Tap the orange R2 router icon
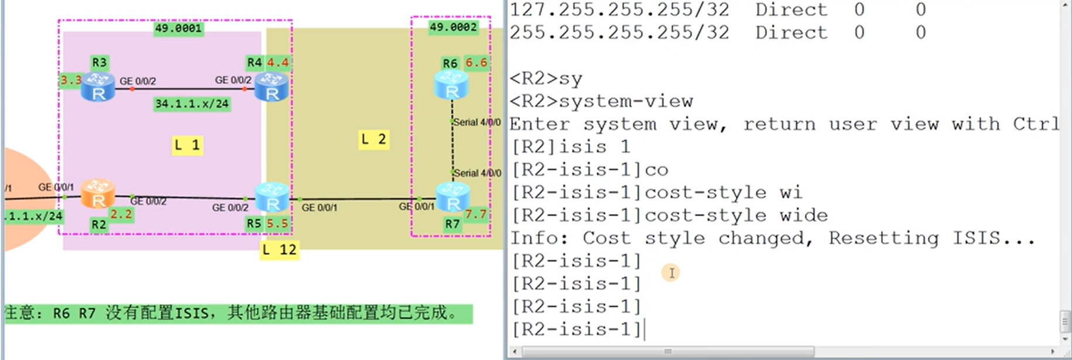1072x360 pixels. [x=98, y=194]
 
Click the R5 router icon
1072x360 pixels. [x=272, y=197]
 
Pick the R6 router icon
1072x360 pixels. [x=451, y=85]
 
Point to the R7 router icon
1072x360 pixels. [x=453, y=197]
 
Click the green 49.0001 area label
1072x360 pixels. [x=179, y=28]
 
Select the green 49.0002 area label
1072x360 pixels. [x=453, y=27]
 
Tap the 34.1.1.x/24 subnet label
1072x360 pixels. [x=192, y=104]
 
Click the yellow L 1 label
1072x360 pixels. [x=187, y=145]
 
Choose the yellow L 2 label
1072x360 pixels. [x=374, y=139]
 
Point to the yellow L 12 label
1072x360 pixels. [x=279, y=250]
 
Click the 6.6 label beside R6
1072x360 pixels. [x=476, y=63]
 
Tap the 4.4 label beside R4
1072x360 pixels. [x=278, y=63]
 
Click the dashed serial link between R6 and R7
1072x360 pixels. [x=452, y=146]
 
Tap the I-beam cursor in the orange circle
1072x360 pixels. [x=671, y=273]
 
